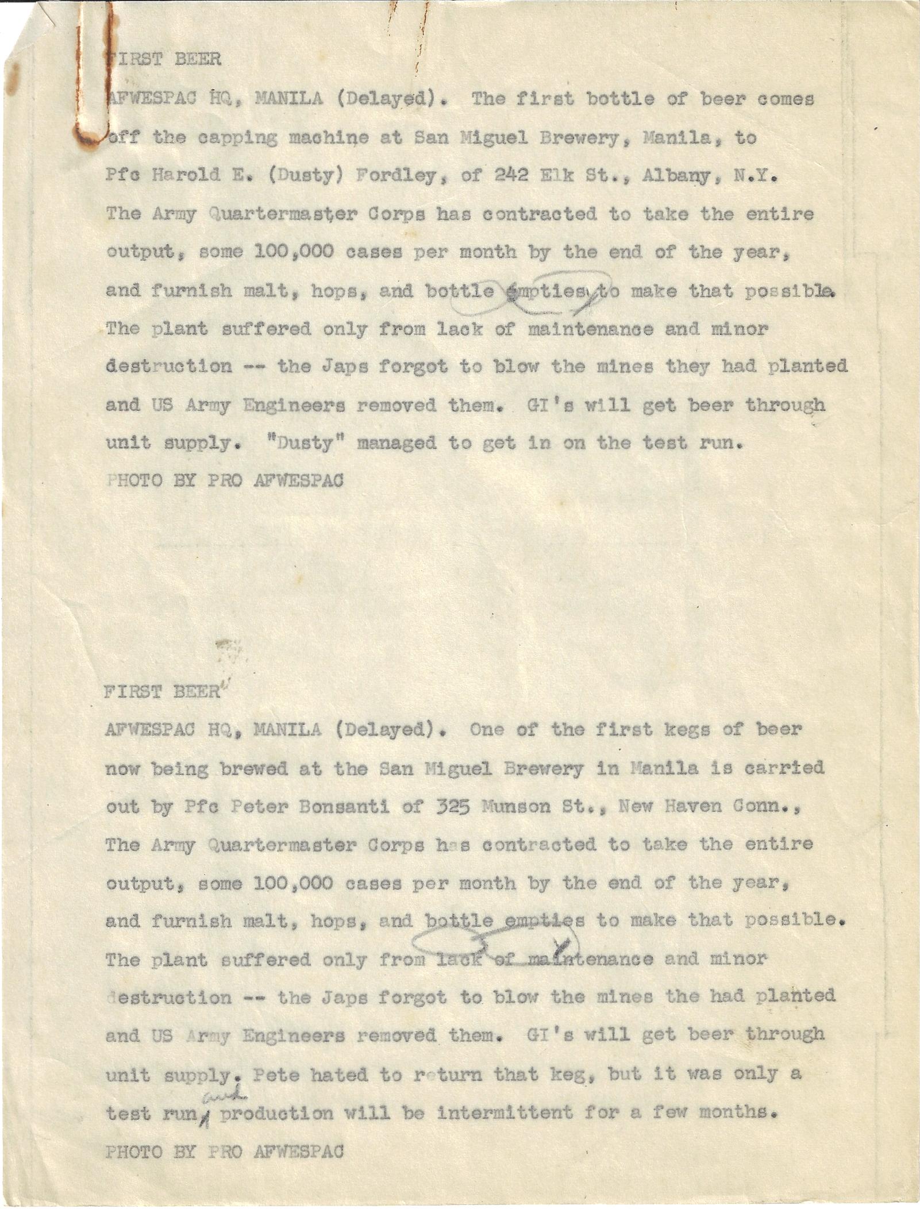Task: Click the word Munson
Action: point(514,807)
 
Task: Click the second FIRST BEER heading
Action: point(162,692)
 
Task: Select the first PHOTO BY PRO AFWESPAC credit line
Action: point(225,480)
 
